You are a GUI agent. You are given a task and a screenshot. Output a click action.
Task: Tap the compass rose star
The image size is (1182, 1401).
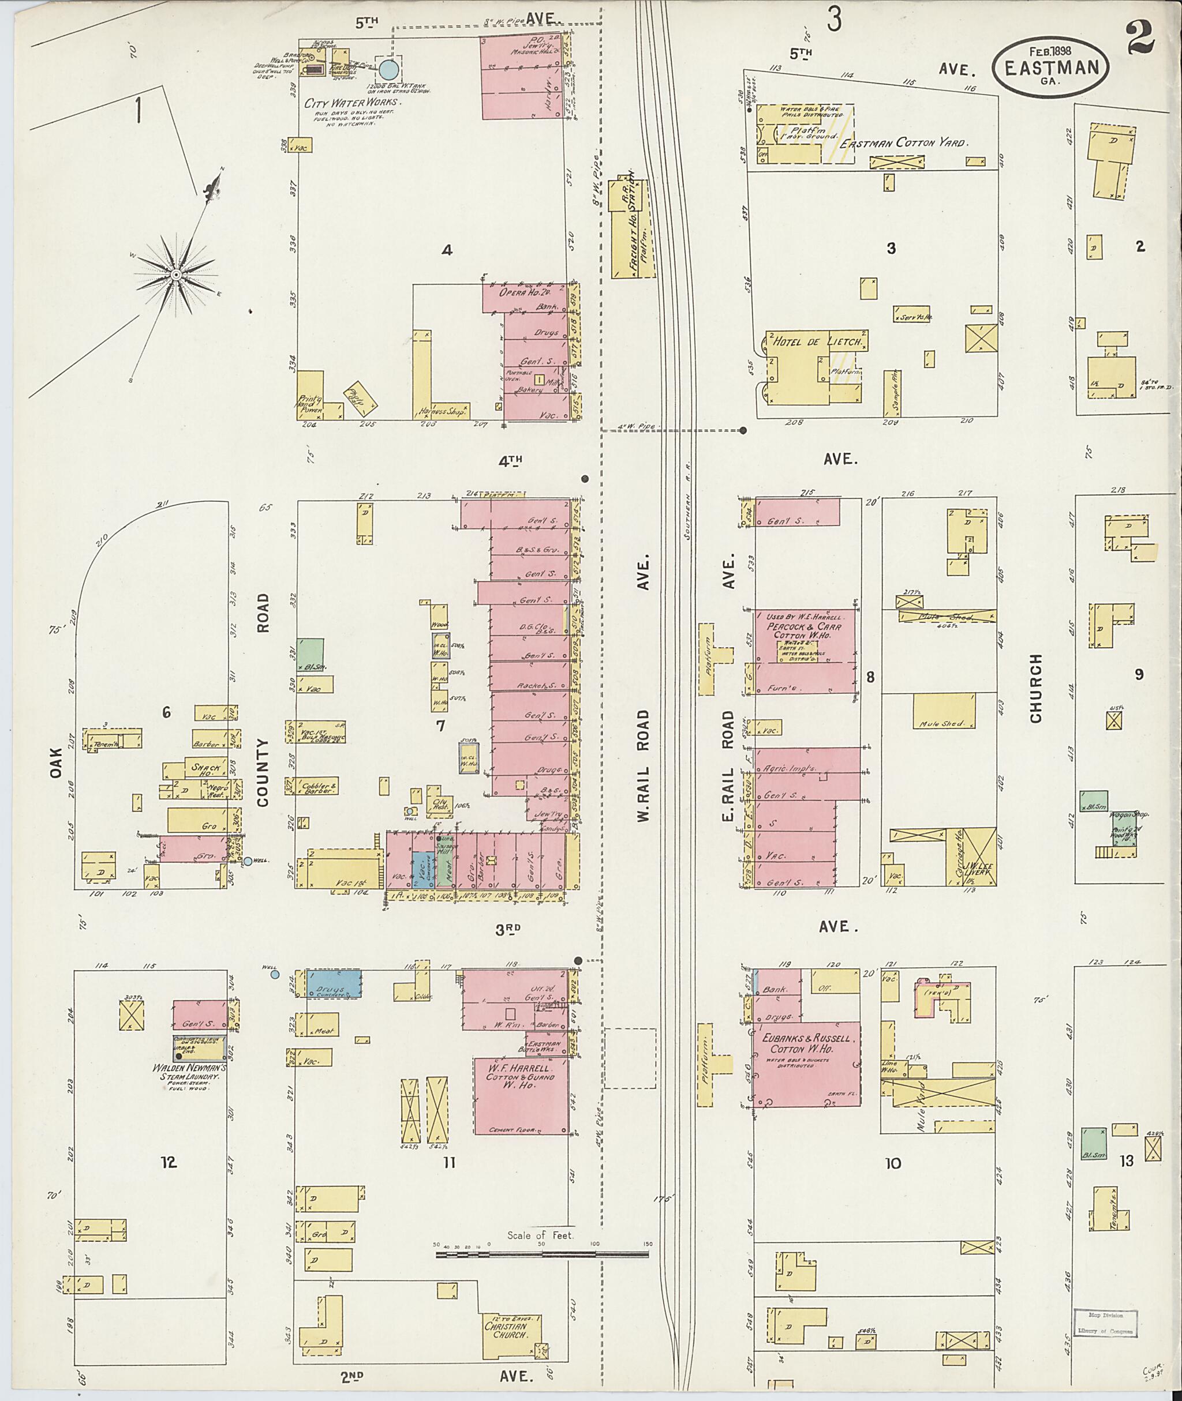tap(175, 275)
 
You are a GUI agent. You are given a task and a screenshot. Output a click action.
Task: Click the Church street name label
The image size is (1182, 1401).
tap(1036, 688)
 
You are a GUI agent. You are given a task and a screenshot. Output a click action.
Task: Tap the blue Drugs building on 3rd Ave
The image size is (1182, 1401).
tap(333, 983)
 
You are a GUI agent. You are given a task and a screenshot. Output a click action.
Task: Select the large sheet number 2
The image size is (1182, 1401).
tap(1140, 37)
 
